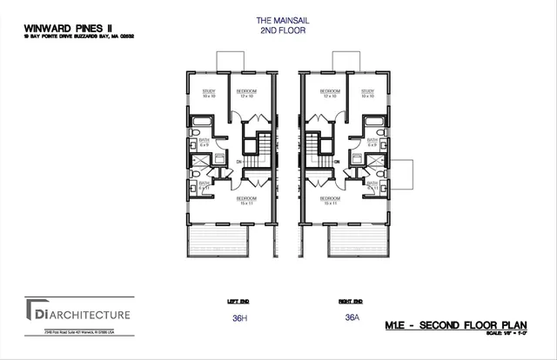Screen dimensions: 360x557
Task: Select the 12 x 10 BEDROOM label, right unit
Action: click(x=330, y=92)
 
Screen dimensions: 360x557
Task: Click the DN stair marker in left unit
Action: click(x=239, y=162)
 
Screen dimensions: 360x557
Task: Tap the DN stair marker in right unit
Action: click(x=336, y=162)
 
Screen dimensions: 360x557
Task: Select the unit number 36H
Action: click(x=240, y=318)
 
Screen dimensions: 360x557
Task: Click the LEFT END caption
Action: click(x=238, y=302)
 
